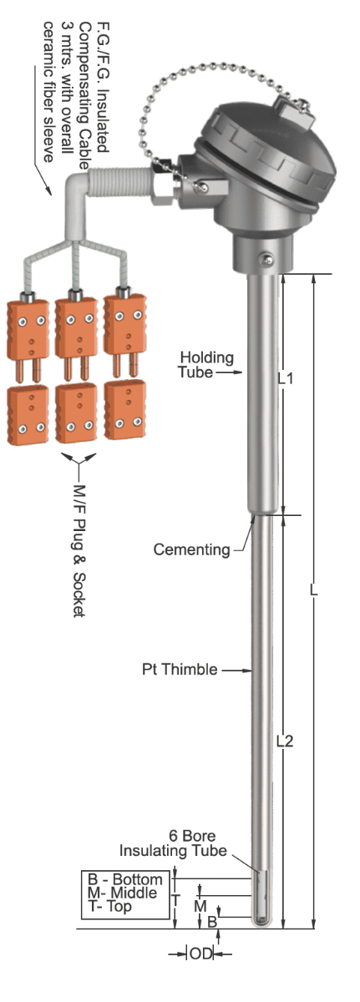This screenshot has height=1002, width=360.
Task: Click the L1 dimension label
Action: click(x=286, y=379)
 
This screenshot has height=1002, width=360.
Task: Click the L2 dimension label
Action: click(x=285, y=741)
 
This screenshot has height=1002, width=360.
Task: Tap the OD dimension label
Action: click(x=200, y=954)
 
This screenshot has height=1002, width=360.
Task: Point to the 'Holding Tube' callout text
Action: click(x=206, y=365)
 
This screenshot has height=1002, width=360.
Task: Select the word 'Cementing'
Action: click(x=191, y=549)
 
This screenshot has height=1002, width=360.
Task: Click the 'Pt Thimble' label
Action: click(x=180, y=669)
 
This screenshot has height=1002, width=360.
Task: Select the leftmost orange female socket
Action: click(x=28, y=415)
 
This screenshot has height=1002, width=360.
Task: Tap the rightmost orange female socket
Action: click(x=125, y=409)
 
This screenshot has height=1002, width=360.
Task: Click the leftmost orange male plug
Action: click(x=28, y=337)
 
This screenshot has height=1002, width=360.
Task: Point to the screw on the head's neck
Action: click(x=267, y=258)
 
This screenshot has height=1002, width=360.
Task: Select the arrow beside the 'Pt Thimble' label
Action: click(x=237, y=670)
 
